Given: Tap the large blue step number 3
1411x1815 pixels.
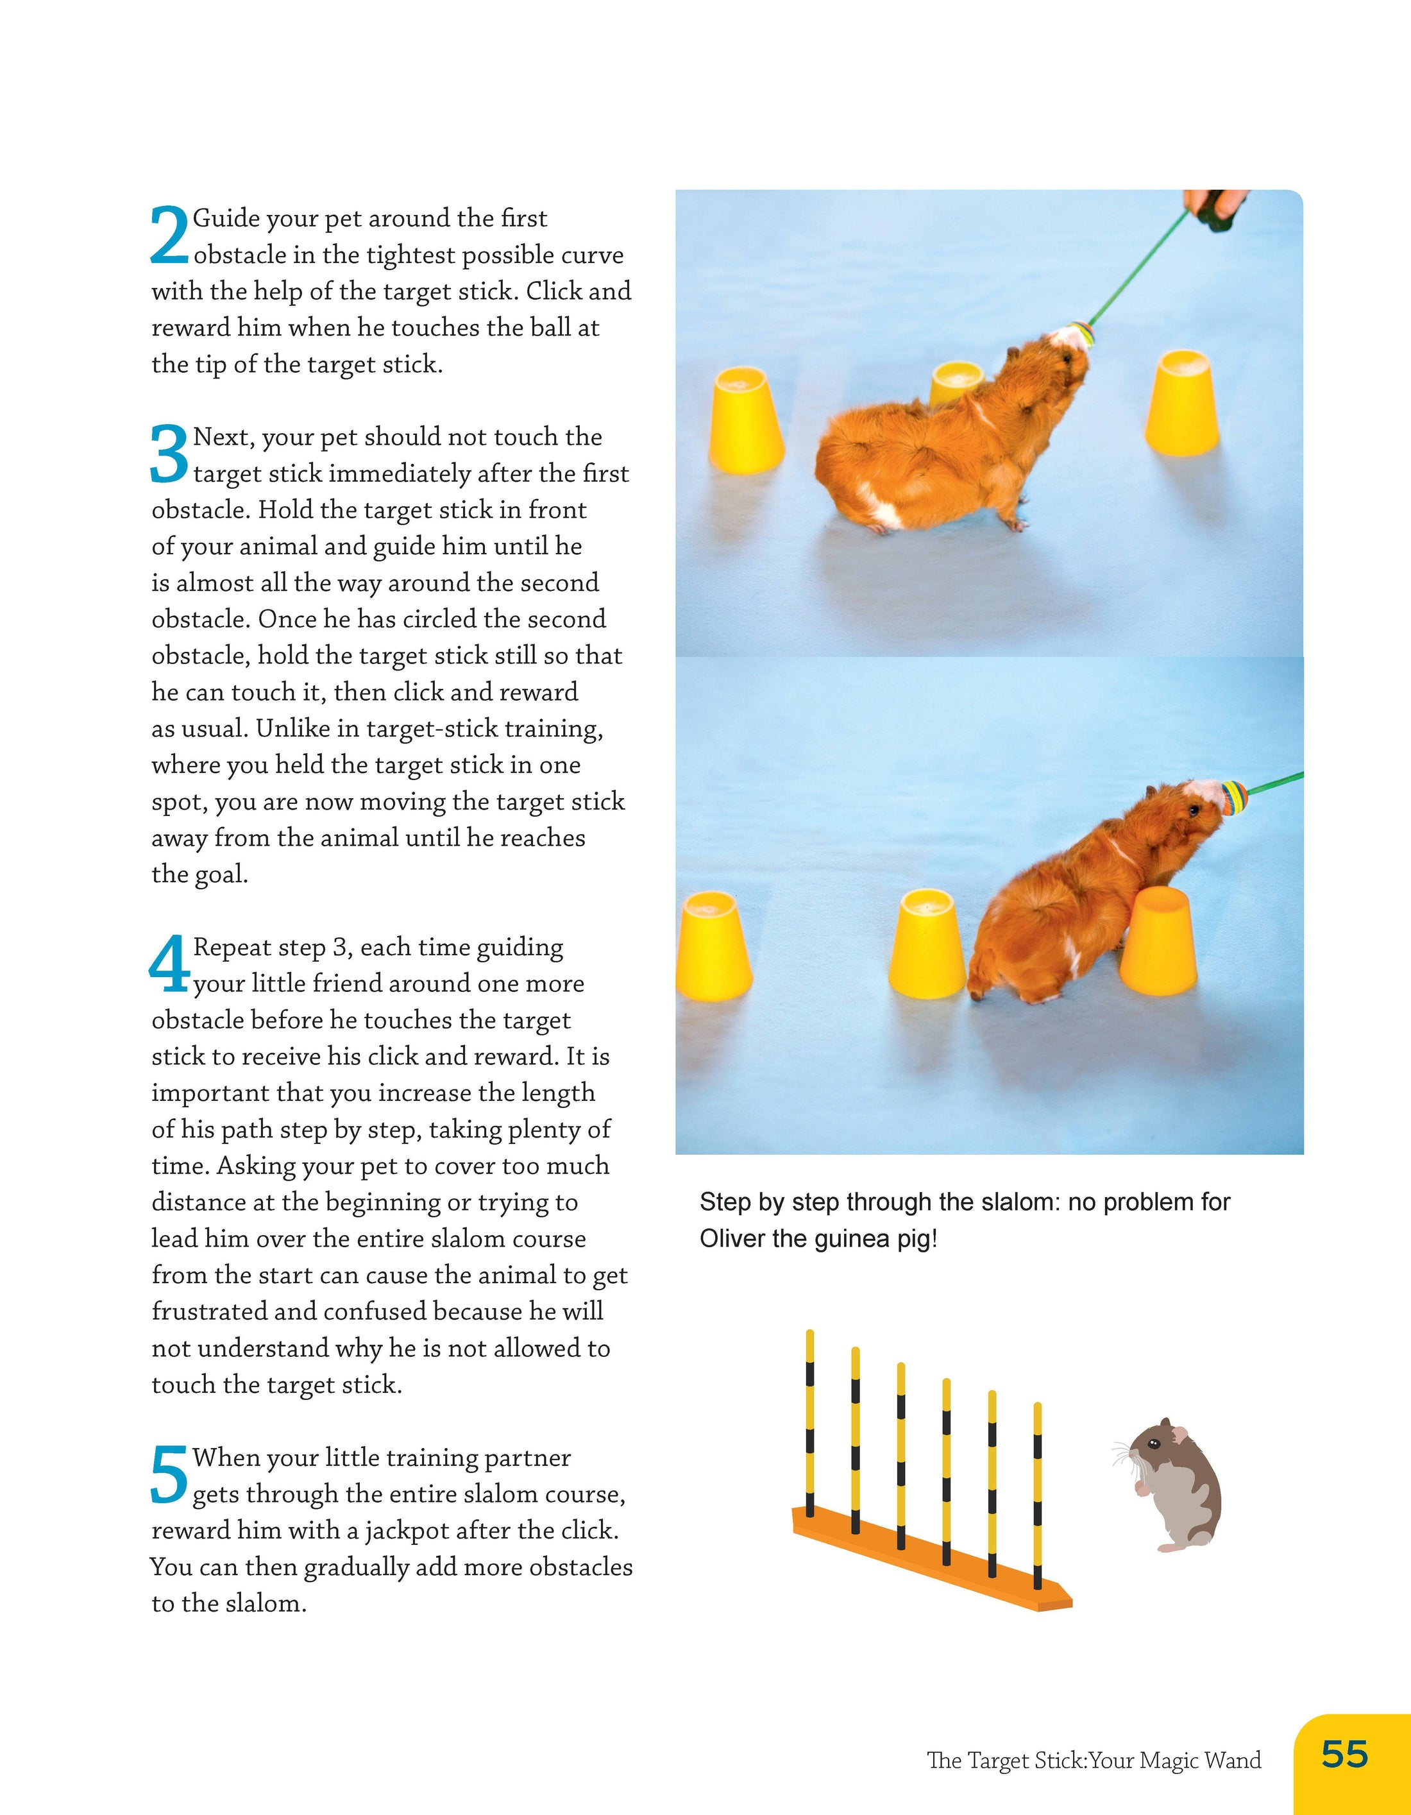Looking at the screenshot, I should pyautogui.click(x=169, y=454).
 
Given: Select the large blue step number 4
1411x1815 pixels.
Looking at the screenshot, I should pyautogui.click(x=169, y=964).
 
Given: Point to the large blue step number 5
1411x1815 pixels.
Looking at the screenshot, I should pyautogui.click(x=169, y=1474).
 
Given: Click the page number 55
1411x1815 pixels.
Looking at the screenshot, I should pyautogui.click(x=1344, y=1753).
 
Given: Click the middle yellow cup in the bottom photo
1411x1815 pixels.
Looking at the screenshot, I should pyautogui.click(x=927, y=943).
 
